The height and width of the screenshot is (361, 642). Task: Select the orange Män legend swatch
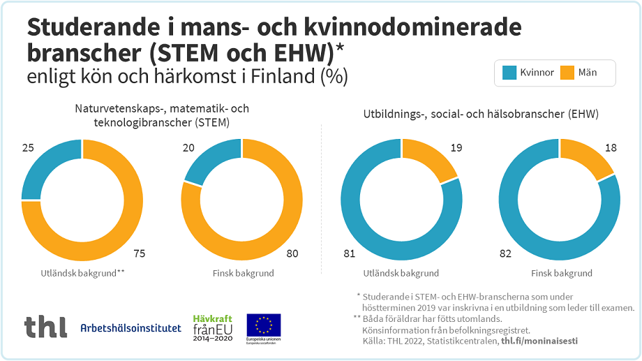coord(568,73)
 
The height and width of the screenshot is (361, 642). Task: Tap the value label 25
coord(29,148)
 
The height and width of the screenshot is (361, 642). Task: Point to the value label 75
coord(139,253)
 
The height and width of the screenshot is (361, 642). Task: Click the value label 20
coord(188,148)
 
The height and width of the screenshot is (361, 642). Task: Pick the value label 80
coord(292,253)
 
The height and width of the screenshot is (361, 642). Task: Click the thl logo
coord(45,326)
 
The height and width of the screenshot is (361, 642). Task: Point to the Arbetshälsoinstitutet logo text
coord(130,327)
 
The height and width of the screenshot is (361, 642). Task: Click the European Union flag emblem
coord(264,325)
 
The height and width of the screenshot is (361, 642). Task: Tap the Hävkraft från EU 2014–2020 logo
coord(212,327)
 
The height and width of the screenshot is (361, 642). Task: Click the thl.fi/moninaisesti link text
coord(539,341)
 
